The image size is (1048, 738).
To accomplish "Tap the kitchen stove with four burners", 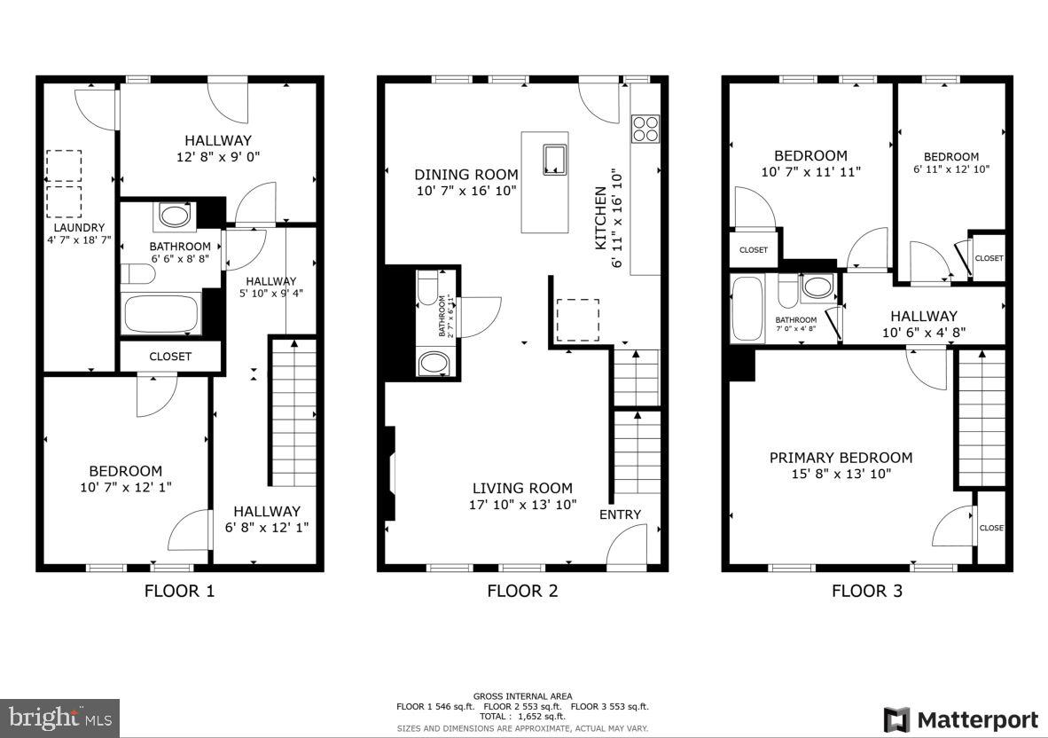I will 645,130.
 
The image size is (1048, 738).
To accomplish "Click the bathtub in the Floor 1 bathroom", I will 162,315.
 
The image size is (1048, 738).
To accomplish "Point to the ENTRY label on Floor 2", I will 620,514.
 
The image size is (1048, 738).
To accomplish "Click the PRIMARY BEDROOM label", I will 841,458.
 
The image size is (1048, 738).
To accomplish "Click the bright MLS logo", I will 59,718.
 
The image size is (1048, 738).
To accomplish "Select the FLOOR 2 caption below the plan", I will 522,591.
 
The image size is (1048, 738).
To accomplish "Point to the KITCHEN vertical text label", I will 600,216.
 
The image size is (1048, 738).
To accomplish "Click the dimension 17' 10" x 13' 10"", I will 522,505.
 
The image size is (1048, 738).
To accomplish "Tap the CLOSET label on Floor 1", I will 170,357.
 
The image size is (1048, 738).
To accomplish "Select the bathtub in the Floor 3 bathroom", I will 748,310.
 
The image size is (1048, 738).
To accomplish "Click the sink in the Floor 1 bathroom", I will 172,216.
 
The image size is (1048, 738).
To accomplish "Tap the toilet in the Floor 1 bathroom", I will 137,274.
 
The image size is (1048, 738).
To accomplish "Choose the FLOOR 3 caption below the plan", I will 866,591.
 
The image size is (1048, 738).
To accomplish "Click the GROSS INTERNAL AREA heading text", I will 522,696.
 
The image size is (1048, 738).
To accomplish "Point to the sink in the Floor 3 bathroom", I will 817,287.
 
